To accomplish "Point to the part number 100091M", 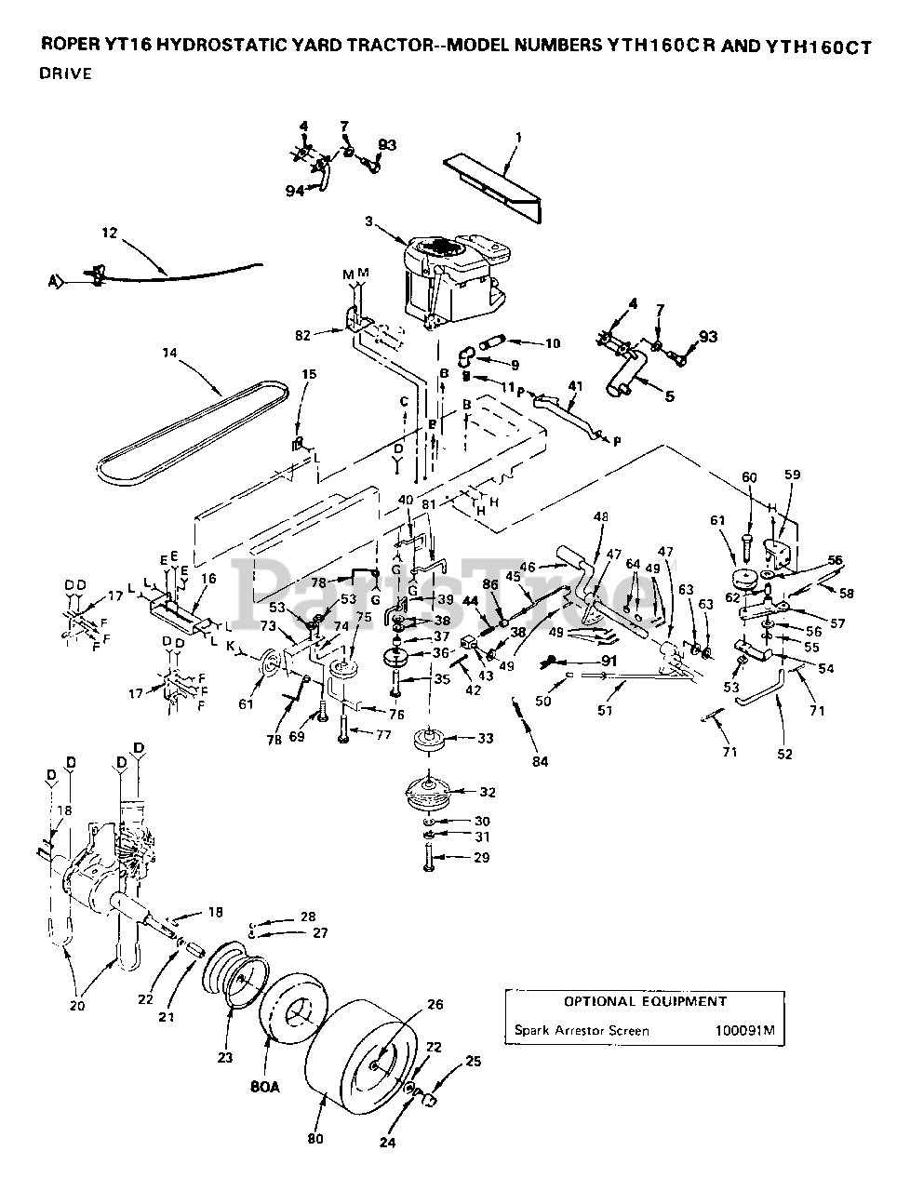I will pos(748,1031).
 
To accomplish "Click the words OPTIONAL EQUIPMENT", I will pos(645,1001).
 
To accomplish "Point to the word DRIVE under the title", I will pos(65,74).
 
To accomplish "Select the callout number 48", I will pos(601,517).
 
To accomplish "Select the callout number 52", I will pos(784,754).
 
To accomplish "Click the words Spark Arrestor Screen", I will pos(582,1031).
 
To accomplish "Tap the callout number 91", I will pos(609,661).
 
